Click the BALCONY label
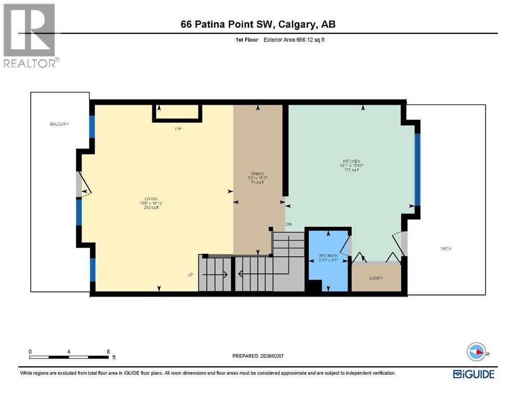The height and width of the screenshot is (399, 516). [59, 124]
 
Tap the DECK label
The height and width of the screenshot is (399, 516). [446, 249]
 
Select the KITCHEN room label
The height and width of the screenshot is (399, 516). [351, 162]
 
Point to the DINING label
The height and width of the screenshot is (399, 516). [257, 174]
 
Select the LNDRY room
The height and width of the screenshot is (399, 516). [376, 278]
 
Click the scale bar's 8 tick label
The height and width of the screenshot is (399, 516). [108, 351]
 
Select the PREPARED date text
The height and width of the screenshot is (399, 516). [258, 356]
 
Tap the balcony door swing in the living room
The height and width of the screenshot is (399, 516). [83, 185]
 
